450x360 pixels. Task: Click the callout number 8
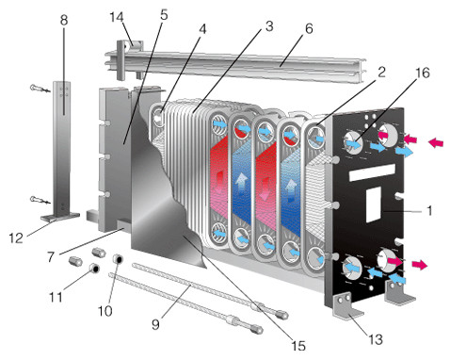tap(63, 20)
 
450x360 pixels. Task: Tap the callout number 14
tap(117, 17)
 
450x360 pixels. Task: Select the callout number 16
tap(423, 73)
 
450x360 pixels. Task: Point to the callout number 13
tap(376, 339)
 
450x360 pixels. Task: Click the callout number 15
tap(298, 346)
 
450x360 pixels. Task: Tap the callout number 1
tap(429, 210)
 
